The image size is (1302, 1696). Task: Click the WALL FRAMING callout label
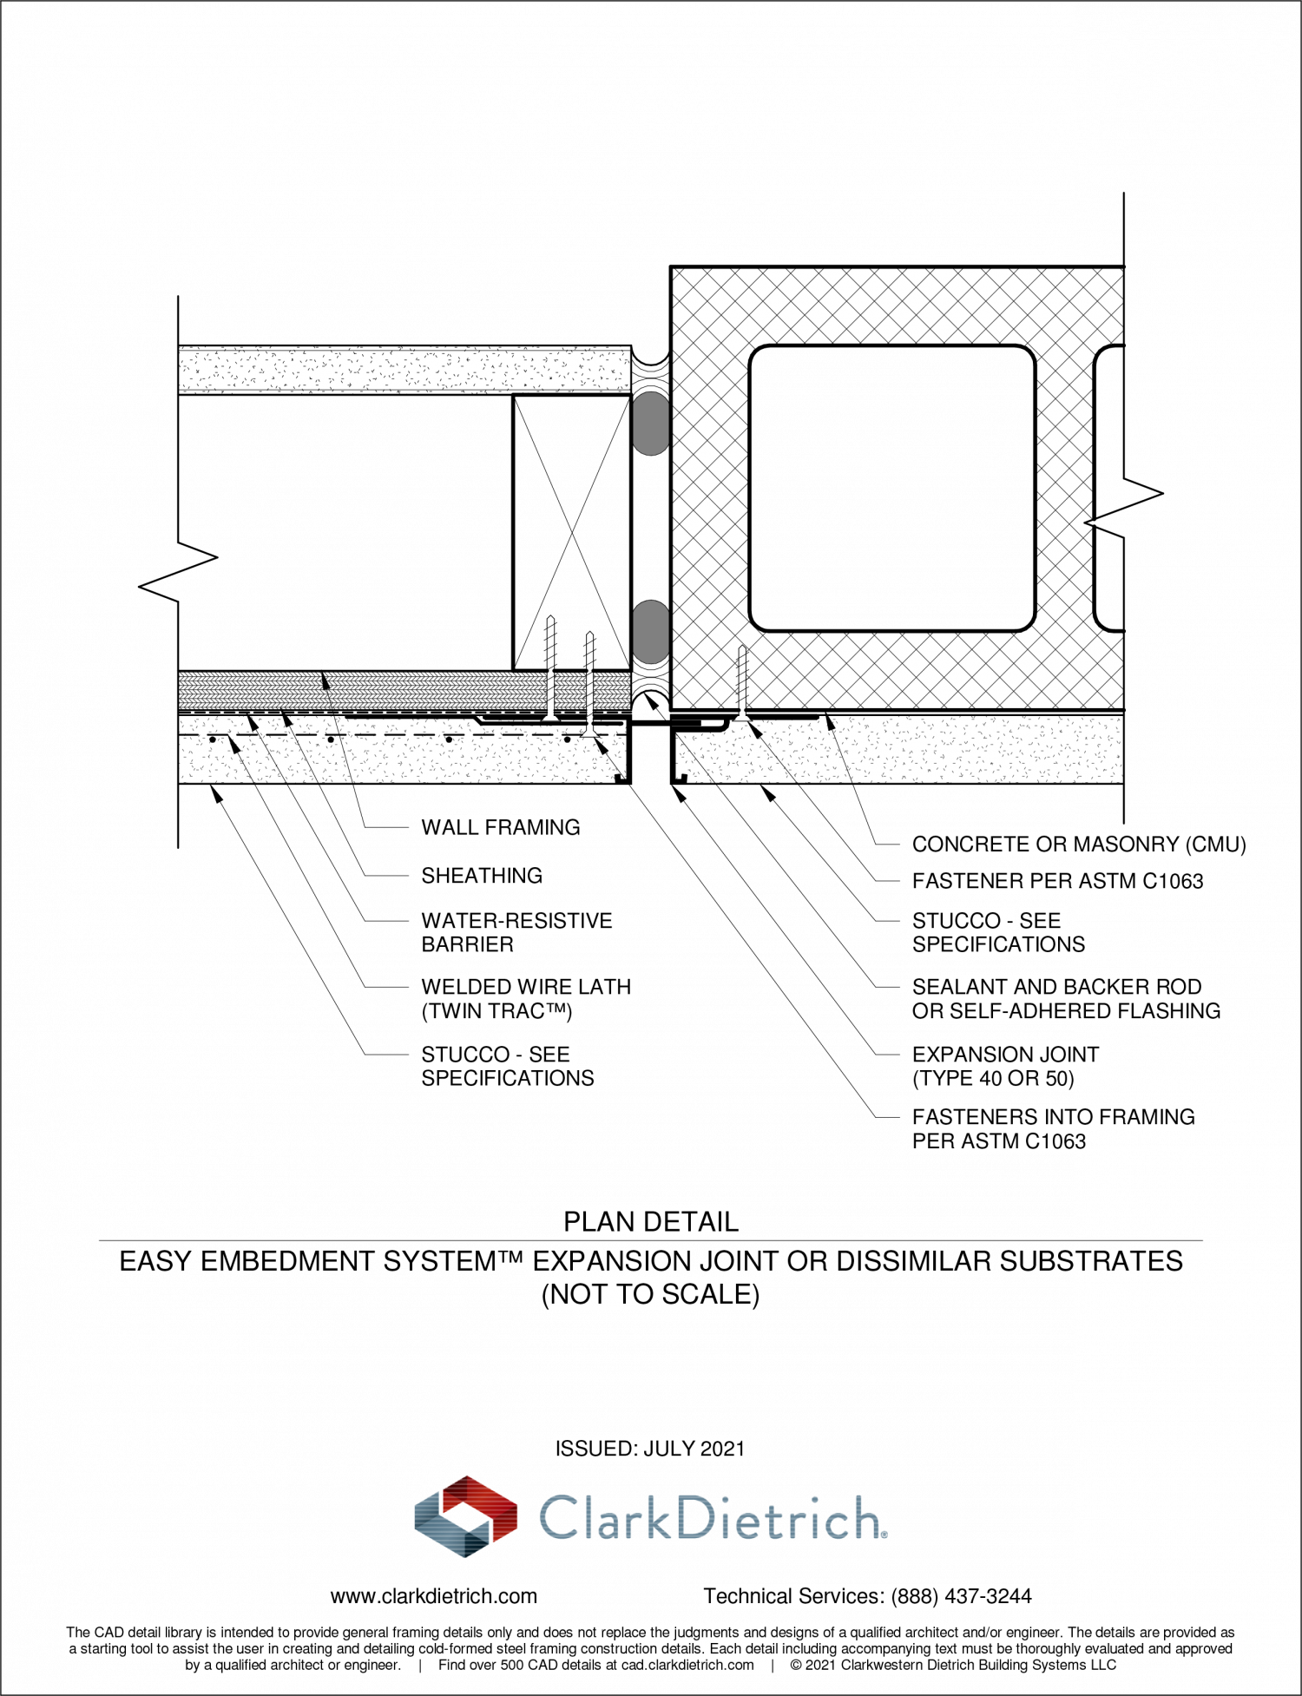[x=501, y=827]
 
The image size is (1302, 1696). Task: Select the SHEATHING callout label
[x=482, y=876]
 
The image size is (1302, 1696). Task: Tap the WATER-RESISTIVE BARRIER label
[x=517, y=932]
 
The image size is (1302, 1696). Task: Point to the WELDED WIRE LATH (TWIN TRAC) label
[x=526, y=999]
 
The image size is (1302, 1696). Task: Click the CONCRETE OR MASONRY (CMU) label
[x=1079, y=845]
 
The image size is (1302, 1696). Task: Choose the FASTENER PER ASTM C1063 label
[x=1057, y=881]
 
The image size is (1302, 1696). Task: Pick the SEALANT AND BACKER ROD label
[x=1056, y=987]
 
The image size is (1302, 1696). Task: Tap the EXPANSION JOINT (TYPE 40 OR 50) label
[x=1005, y=1067]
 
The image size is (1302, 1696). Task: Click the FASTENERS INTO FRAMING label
[x=1053, y=1117]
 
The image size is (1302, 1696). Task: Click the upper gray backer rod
[x=650, y=424]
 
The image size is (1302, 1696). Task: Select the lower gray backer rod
[x=650, y=631]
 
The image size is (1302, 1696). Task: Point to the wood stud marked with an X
[x=571, y=533]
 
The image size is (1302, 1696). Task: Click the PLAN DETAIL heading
[x=651, y=1222]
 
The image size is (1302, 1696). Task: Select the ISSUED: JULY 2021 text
[x=650, y=1449]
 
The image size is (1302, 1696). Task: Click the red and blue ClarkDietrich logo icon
[x=466, y=1516]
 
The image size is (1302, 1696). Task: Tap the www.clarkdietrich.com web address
[x=434, y=1596]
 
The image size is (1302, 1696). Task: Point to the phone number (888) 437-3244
[x=962, y=1596]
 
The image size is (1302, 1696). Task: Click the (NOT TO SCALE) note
[x=651, y=1295]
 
